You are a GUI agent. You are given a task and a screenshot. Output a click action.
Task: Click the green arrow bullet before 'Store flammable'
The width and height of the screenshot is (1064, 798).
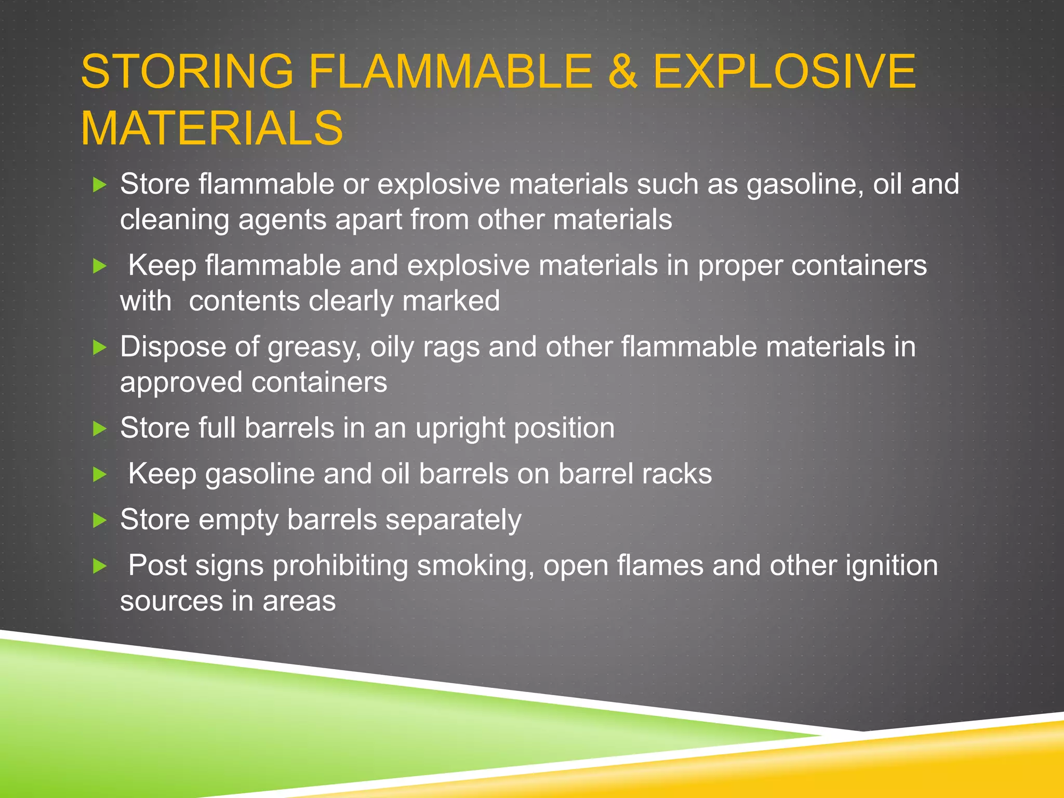click(99, 184)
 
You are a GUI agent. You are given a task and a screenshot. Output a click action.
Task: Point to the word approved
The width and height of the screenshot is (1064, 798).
click(181, 382)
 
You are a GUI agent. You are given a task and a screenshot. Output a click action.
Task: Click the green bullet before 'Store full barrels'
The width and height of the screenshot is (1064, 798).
click(99, 429)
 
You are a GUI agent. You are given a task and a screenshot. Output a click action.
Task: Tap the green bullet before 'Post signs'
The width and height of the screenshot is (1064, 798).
click(99, 566)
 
